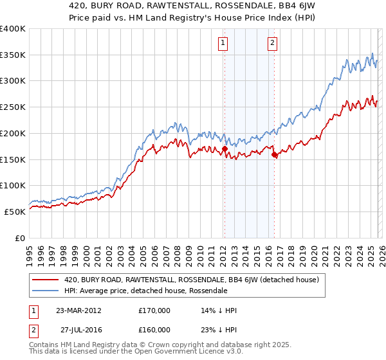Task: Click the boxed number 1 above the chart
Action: (x=223, y=43)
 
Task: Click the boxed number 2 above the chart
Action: (x=273, y=43)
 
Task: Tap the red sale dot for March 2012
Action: (x=225, y=149)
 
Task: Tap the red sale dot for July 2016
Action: (x=275, y=154)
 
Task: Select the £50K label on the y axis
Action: (x=15, y=212)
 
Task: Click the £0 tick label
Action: (x=21, y=238)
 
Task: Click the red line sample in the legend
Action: (x=46, y=280)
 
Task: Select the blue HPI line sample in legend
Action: (x=46, y=291)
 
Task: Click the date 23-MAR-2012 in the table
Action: (x=78, y=310)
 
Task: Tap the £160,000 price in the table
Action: (x=154, y=329)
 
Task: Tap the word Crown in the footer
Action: (x=154, y=346)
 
